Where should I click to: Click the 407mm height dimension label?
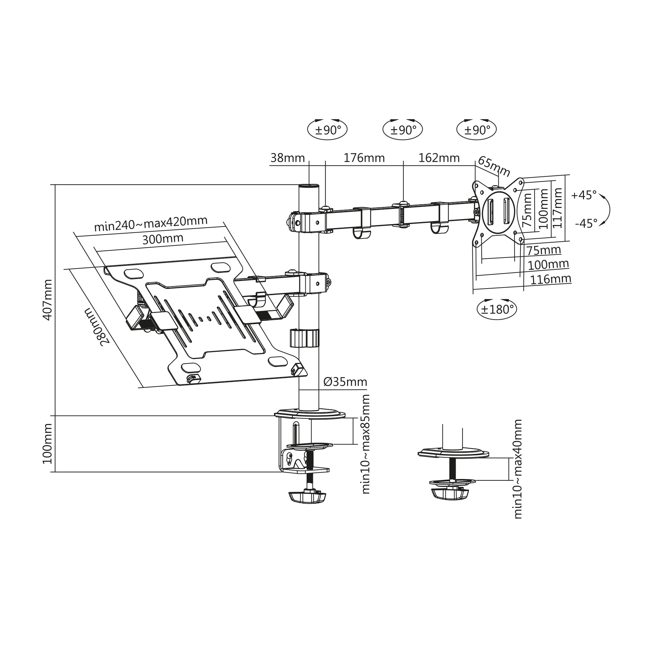[x=48, y=300]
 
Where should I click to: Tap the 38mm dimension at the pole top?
[x=288, y=158]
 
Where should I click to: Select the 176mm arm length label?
[x=364, y=158]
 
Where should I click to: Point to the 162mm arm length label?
[x=439, y=158]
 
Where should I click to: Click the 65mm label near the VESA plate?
[x=494, y=166]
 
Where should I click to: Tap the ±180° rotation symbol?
[x=497, y=309]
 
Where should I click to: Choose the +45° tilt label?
[x=584, y=195]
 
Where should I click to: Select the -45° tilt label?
[x=586, y=223]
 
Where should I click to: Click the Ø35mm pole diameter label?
[x=345, y=382]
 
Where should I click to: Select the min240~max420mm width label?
[x=151, y=224]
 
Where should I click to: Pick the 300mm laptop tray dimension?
[x=163, y=239]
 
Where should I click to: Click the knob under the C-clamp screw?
[x=308, y=497]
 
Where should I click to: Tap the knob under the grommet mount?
[x=450, y=494]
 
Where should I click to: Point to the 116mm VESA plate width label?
[x=550, y=279]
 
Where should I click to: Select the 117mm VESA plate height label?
[x=557, y=208]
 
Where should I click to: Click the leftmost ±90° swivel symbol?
[x=327, y=130]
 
